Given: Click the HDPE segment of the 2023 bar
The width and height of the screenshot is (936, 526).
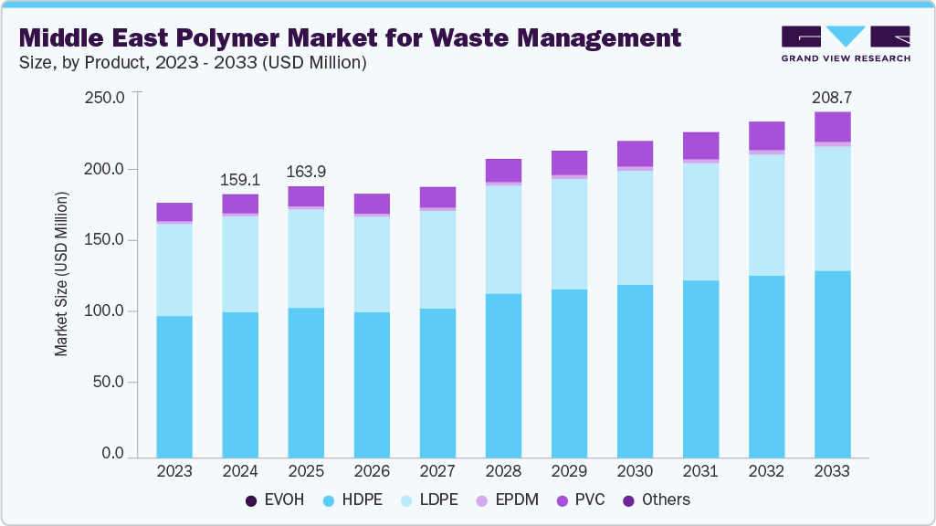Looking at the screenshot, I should coord(174,386).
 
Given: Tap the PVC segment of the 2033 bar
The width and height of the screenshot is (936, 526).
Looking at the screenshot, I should coord(832,127).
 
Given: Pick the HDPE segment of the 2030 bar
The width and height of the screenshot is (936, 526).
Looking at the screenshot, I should coord(635,371).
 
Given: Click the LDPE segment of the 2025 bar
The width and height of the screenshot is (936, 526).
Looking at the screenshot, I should coord(306,258).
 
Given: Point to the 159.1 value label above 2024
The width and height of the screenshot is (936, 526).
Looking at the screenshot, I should coord(240,180).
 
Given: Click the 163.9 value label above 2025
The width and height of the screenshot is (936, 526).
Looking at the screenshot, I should coord(306,173).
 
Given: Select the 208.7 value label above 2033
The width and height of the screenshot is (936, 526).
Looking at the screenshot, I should coord(832,98).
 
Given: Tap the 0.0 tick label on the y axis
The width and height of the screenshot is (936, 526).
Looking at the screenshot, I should coord(112,454).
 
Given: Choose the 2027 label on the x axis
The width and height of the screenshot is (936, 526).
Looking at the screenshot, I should coord(437,472).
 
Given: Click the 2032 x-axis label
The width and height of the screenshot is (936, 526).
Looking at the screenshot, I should coord(766,472).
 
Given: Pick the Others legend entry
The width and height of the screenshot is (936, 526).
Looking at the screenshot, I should coord(657,500).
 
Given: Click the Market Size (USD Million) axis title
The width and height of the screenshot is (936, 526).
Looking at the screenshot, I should coord(62,274).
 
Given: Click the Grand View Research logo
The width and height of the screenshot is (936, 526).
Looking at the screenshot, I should coord(846,44).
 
